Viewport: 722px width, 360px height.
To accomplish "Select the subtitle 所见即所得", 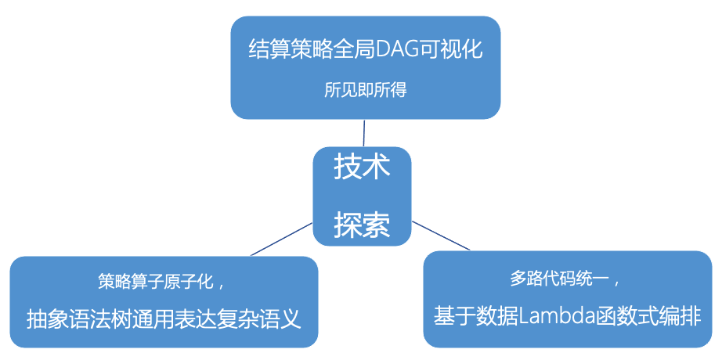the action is pos(366,89).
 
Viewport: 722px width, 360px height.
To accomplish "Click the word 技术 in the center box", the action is pos(362,167).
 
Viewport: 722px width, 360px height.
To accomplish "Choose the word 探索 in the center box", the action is pos(362,225).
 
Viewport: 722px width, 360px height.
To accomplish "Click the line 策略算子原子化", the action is pos(157,280).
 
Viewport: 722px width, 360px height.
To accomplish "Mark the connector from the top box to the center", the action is pos(363,132).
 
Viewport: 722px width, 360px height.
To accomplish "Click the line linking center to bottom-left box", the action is pos(282,239).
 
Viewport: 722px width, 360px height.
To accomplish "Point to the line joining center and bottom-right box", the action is pos(441,236).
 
